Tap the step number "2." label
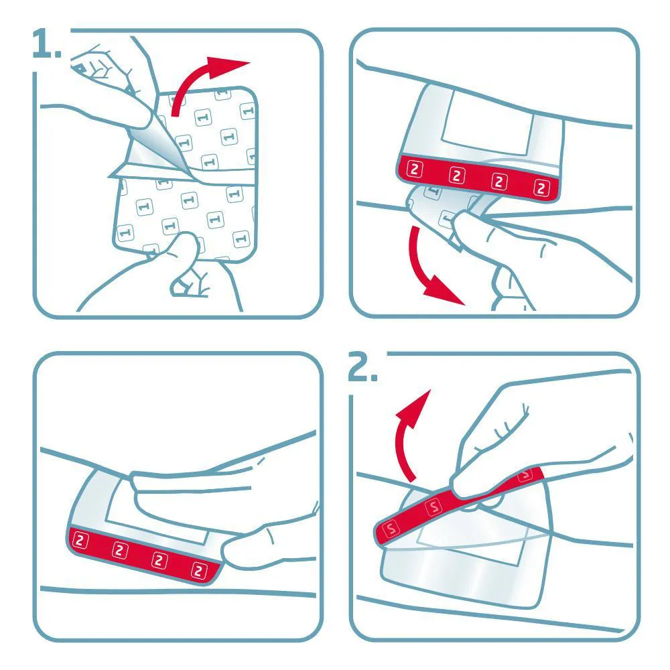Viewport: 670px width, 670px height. point(362,366)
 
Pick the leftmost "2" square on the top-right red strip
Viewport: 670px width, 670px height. point(414,170)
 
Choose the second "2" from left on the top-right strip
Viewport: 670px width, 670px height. point(457,176)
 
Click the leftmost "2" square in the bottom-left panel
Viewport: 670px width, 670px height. point(80,541)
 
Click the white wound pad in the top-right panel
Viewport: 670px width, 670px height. point(487,123)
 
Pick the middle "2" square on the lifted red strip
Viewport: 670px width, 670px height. point(433,507)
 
